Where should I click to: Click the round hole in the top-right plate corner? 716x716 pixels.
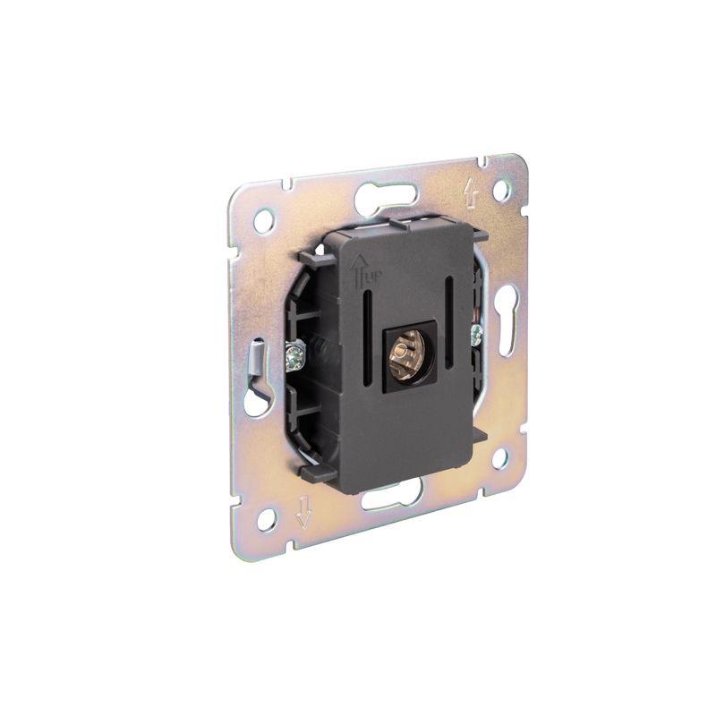(502, 189)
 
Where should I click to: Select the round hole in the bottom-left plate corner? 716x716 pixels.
(268, 519)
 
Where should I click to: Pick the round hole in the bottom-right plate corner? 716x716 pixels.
(499, 459)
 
